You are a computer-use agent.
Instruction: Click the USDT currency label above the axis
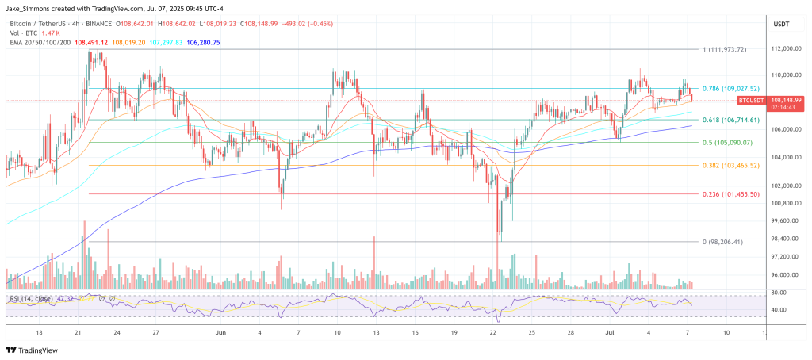pos(780,25)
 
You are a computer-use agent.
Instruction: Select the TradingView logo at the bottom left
pos(35,350)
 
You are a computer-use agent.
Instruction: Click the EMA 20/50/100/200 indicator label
pos(39,41)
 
